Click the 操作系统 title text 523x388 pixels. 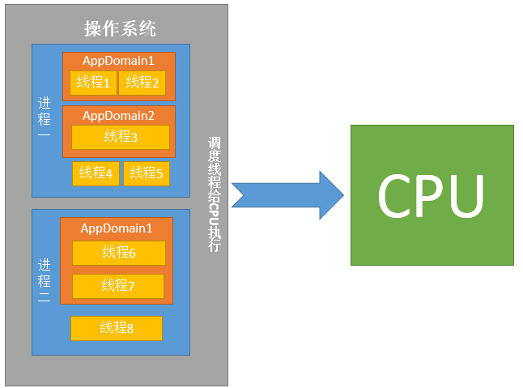pos(120,29)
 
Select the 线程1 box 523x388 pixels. pos(94,83)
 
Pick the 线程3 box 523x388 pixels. pos(121,137)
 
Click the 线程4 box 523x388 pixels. pos(96,173)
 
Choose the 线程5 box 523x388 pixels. pos(147,173)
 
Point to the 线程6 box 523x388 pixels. pos(119,253)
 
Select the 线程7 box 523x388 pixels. pos(118,286)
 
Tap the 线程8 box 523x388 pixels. pos(117,328)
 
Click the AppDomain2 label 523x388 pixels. pos(118,115)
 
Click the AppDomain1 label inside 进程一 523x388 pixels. pos(118,61)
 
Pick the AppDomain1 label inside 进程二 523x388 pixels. pos(116,228)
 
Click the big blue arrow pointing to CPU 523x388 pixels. pos(287,195)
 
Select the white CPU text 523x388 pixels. pos(431,196)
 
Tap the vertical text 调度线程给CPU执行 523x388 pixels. pos(214,194)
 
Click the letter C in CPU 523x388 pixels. pos(395,196)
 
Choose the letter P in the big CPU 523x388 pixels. pos(431,196)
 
